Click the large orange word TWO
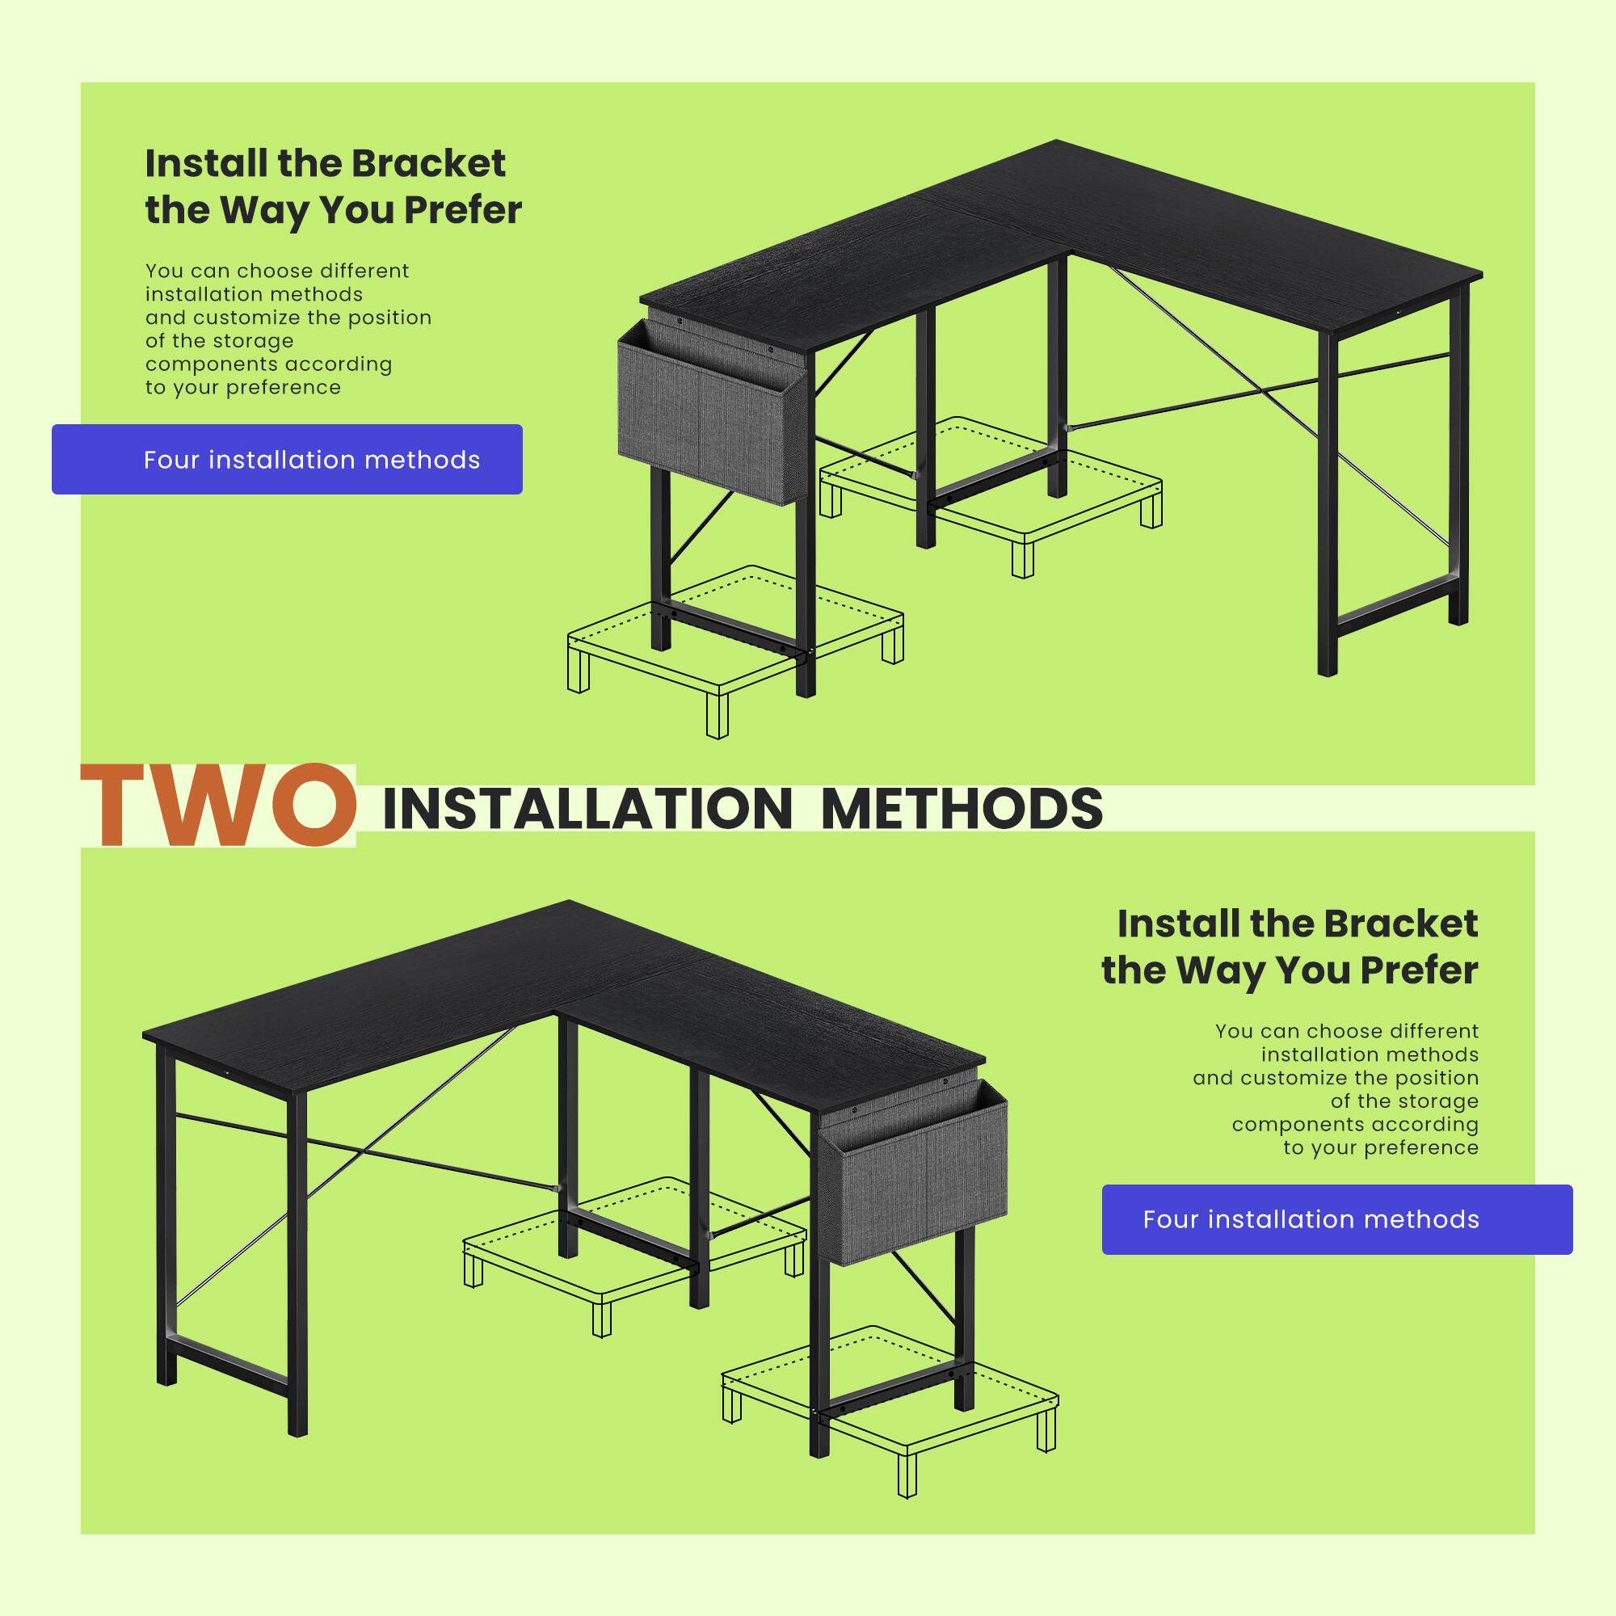(217, 805)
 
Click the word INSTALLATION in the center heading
(586, 809)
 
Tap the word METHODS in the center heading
(962, 809)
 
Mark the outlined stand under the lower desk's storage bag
(890, 1393)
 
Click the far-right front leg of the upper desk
(1327, 502)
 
